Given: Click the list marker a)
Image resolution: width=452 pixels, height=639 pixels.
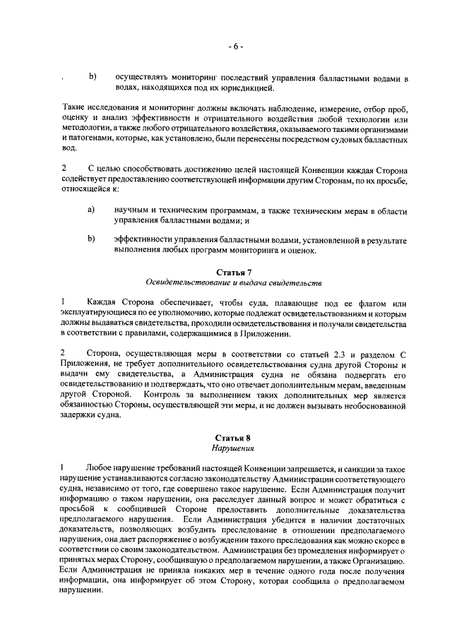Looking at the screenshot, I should tap(92, 210).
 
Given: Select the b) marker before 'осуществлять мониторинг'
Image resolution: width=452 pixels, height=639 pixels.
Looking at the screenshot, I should tap(92, 76).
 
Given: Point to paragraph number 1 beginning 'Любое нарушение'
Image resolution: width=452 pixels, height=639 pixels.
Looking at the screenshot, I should tap(64, 467).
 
